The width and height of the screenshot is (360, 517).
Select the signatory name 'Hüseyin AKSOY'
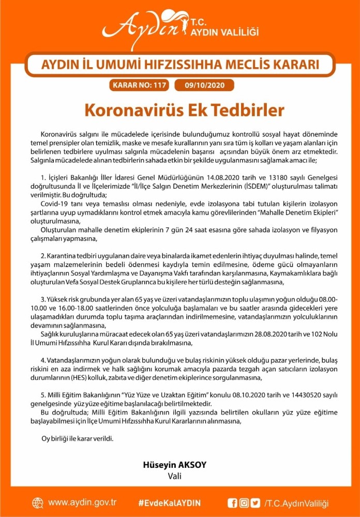click(x=174, y=465)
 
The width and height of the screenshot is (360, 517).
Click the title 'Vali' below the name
click(x=174, y=475)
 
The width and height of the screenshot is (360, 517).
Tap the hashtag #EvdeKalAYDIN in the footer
click(x=170, y=503)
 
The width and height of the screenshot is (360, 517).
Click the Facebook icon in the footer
click(x=232, y=503)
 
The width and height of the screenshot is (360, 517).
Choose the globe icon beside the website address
click(x=38, y=503)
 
